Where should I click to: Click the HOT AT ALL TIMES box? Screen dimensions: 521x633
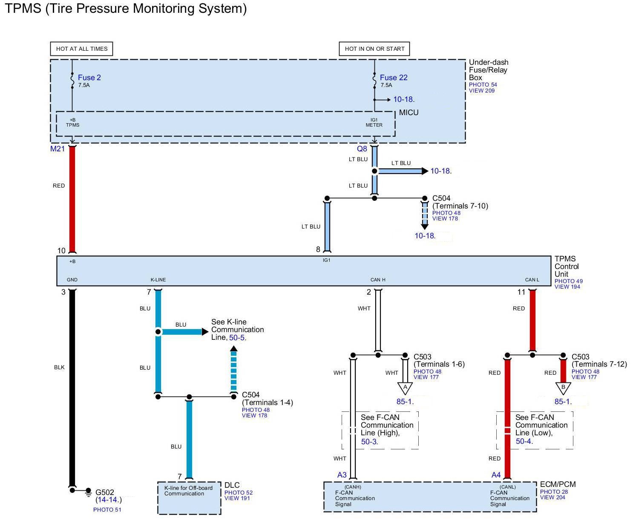tap(82, 49)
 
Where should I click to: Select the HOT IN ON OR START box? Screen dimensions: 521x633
tap(374, 49)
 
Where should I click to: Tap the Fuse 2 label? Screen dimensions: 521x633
tap(89, 78)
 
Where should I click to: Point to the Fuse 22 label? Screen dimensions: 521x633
tap(394, 78)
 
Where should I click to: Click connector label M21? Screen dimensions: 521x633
tap(58, 149)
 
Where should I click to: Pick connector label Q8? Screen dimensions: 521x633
tap(362, 149)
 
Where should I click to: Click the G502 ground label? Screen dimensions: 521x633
tap(104, 492)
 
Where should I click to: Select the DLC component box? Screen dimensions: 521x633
tap(189, 498)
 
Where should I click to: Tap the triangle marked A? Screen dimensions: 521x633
tap(405, 388)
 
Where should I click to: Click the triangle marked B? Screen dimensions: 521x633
tap(563, 388)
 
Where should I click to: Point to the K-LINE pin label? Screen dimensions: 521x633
tap(158, 280)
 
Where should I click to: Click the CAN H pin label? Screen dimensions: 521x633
tap(378, 280)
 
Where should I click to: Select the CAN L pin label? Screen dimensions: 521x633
tap(532, 280)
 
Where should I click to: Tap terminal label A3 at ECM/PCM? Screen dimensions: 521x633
tap(342, 475)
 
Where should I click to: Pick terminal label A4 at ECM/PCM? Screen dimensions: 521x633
tap(496, 475)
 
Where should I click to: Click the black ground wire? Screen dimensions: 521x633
tap(72, 384)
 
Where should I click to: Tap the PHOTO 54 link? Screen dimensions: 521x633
tap(483, 85)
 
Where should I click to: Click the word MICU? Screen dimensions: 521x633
tap(409, 113)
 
